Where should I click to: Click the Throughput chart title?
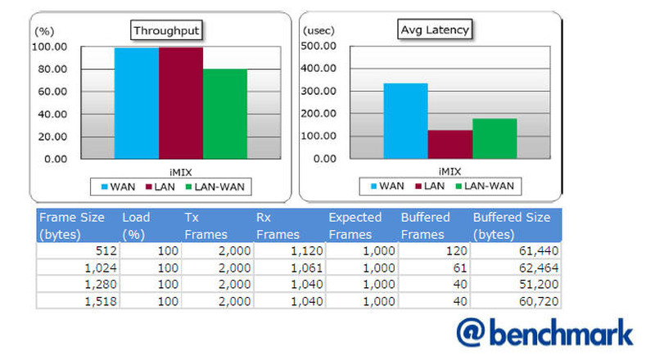[x=167, y=31]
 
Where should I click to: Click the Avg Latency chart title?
[x=435, y=30]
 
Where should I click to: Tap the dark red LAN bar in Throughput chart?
[x=180, y=102]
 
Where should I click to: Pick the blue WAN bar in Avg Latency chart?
[x=405, y=120]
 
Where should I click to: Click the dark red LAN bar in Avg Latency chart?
[x=449, y=144]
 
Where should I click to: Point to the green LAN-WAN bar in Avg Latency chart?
[x=495, y=138]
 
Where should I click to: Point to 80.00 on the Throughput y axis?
[x=50, y=69]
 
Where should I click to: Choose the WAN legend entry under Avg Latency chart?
[x=384, y=186]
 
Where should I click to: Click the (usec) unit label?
[x=318, y=30]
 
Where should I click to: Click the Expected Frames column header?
[x=355, y=226]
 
